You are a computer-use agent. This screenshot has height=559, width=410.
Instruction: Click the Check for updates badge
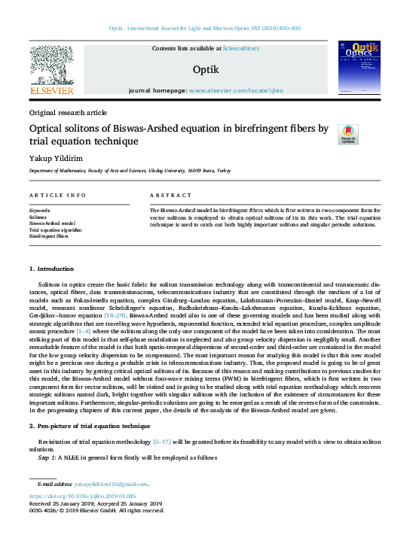347,135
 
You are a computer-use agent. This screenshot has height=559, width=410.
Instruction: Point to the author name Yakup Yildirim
54,158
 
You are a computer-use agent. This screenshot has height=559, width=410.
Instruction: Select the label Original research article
68,111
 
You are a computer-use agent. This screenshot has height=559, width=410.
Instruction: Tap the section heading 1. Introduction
53,269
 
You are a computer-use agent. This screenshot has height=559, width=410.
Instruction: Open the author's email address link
112,485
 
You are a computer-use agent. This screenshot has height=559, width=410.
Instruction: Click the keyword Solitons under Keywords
39,217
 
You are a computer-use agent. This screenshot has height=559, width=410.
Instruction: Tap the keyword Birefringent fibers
49,236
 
